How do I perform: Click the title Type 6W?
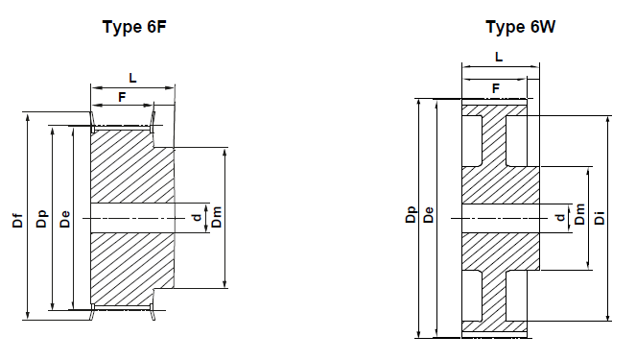pos(520,27)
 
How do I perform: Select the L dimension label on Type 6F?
pos(131,76)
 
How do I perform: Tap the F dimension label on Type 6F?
pos(122,96)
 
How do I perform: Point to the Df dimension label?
pos(17,220)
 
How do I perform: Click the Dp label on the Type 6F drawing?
pos(40,220)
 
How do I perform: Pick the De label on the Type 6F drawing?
pos(63,220)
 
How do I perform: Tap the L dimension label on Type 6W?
pos(499,58)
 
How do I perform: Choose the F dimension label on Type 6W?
pos(496,88)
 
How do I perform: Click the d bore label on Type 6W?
pos(560,218)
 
